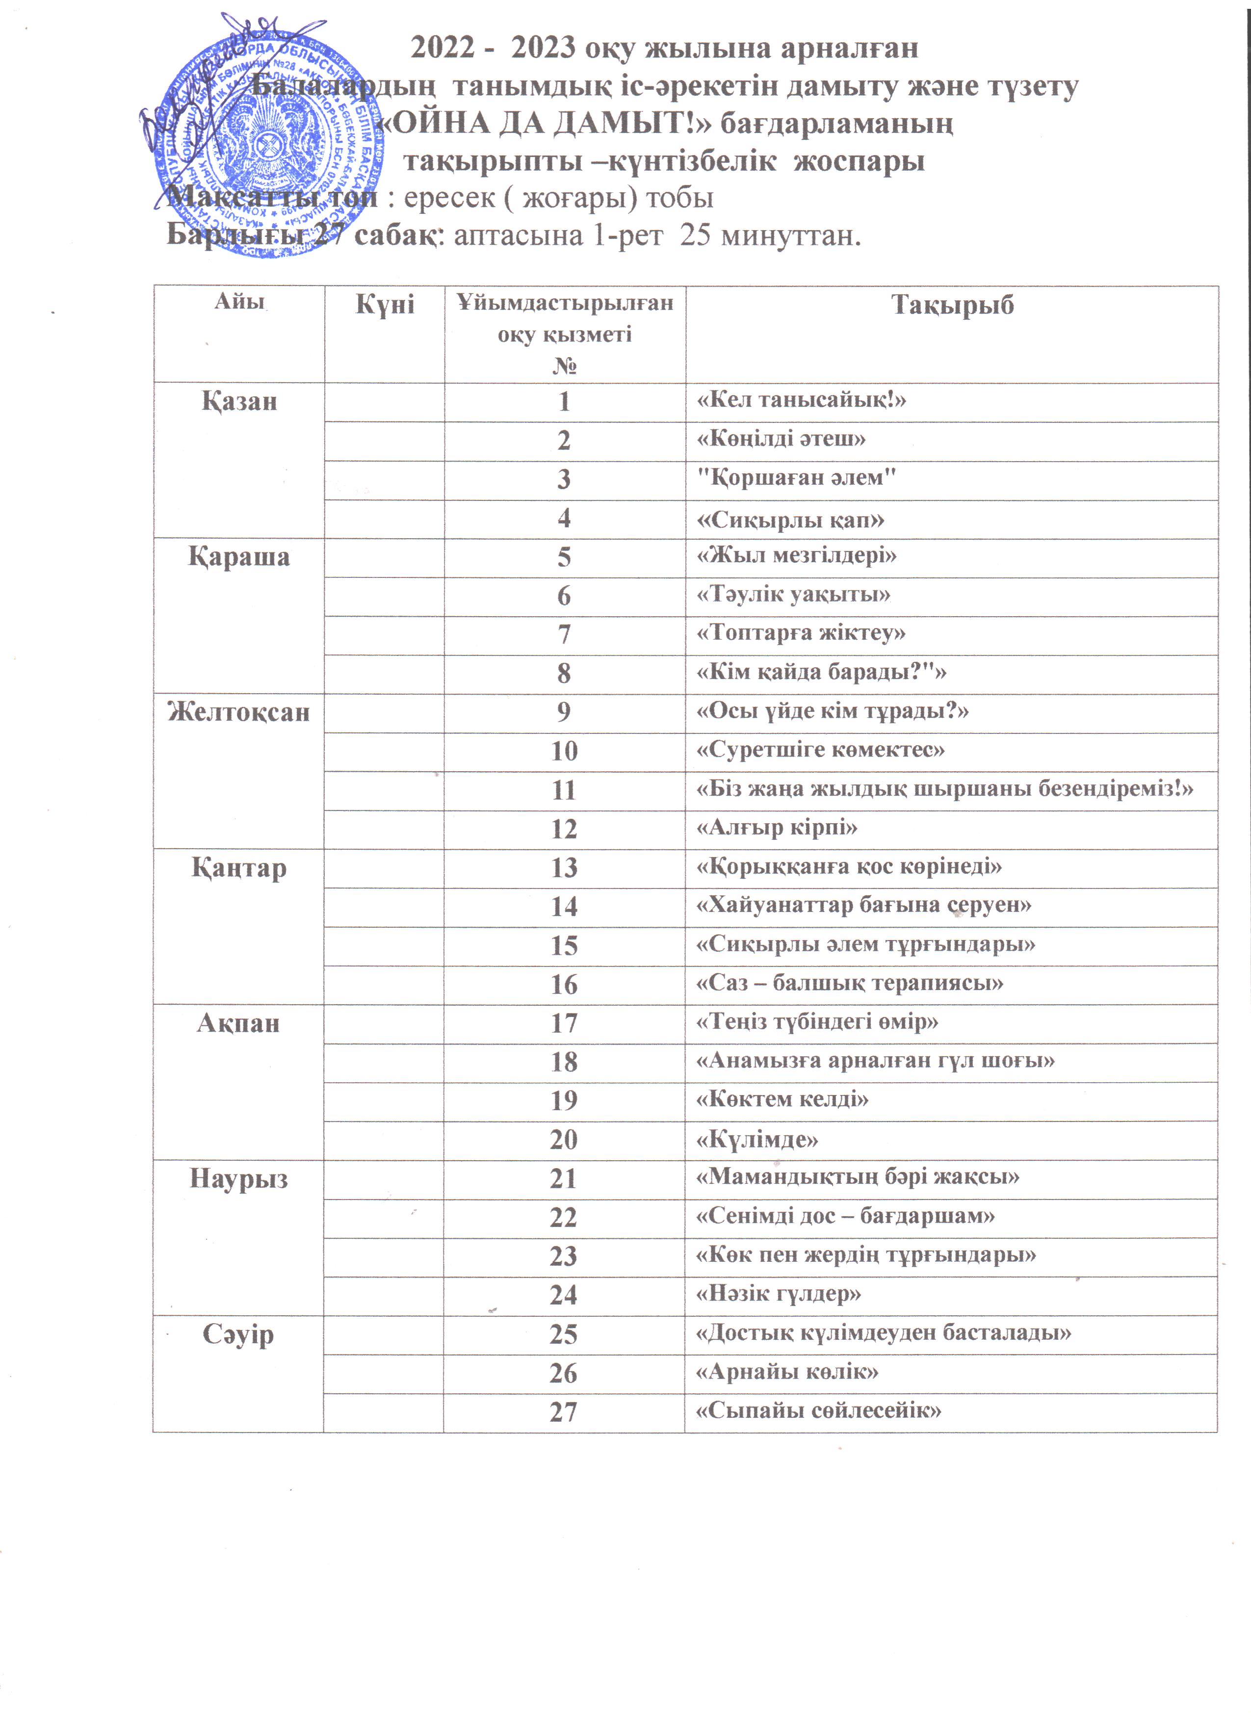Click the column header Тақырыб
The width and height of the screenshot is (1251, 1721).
tap(952, 306)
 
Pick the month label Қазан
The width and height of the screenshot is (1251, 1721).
tap(239, 401)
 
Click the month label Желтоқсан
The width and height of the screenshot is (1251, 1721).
tap(239, 712)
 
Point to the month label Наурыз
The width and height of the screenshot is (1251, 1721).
tap(239, 1178)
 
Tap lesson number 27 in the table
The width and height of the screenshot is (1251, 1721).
tap(564, 1412)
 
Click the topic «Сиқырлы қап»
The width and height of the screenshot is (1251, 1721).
tap(790, 520)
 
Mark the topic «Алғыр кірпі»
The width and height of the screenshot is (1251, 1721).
tap(777, 827)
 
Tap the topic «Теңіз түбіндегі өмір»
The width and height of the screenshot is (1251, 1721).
tap(817, 1022)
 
